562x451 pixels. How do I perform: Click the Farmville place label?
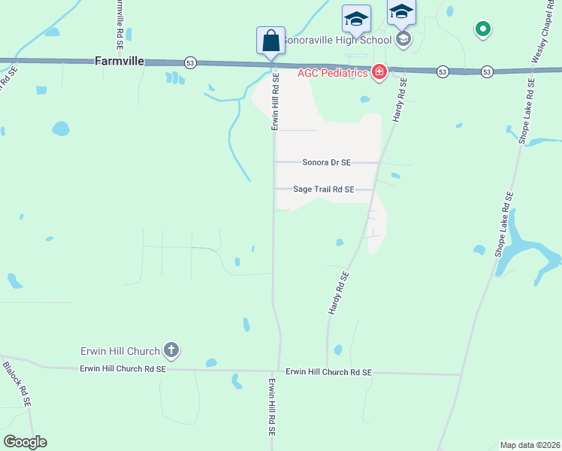pyautogui.click(x=119, y=60)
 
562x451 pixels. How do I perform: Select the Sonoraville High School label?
pyautogui.click(x=337, y=40)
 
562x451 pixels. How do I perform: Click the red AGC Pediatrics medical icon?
pyautogui.click(x=379, y=72)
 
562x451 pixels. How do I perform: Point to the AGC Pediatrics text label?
pyautogui.click(x=333, y=72)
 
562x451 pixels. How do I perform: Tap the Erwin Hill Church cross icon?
pyautogui.click(x=172, y=350)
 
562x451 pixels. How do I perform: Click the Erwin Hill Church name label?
pyautogui.click(x=120, y=351)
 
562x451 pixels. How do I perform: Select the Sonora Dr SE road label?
pyautogui.click(x=327, y=162)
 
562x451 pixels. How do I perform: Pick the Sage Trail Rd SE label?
pyautogui.click(x=324, y=190)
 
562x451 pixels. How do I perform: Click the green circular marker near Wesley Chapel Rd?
pyautogui.click(x=483, y=29)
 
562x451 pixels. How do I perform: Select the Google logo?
pyautogui.click(x=25, y=442)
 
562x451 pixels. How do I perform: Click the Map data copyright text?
pyautogui.click(x=530, y=445)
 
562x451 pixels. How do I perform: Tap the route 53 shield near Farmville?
pyautogui.click(x=189, y=63)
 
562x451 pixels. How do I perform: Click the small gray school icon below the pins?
pyautogui.click(x=403, y=38)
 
